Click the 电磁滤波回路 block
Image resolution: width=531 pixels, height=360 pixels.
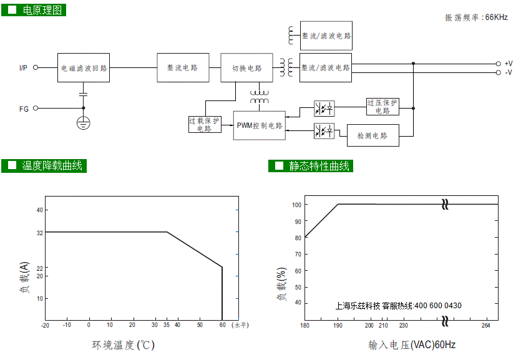coord(84,68)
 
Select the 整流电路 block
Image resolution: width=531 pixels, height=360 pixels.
coord(183,68)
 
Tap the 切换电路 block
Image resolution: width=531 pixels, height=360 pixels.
coord(246,68)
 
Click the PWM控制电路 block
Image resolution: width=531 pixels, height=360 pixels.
coord(260,125)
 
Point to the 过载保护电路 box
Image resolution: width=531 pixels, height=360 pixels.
coord(205,125)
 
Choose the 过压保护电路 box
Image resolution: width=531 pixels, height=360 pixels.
coord(382,107)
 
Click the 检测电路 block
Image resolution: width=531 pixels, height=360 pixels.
coord(373,135)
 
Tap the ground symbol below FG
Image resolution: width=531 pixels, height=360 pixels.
coord(84,123)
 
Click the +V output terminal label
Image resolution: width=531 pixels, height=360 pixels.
coord(509,64)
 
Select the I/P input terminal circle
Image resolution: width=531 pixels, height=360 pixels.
coord(36,67)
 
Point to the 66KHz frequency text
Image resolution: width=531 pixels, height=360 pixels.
coord(496,17)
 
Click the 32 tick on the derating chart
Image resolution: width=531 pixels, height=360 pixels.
coord(40,233)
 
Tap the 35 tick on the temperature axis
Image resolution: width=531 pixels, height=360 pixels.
coord(166,325)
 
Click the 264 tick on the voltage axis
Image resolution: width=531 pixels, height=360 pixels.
coord(485,325)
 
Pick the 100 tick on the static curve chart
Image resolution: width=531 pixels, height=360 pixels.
coord(296,205)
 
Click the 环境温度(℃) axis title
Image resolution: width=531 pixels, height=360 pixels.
coord(124,345)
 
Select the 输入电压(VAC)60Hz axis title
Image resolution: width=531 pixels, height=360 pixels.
coord(412,345)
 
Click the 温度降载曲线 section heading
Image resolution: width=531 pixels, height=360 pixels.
coord(52,165)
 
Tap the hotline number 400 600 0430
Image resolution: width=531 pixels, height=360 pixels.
coord(438,306)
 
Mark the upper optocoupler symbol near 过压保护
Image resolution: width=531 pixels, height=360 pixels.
coord(324,109)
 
